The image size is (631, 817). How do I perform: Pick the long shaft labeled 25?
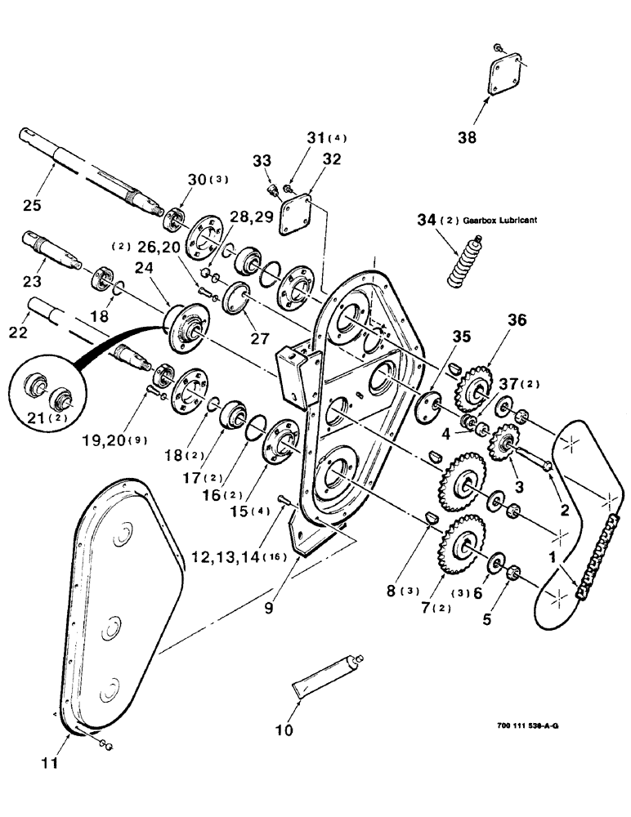coord(98,167)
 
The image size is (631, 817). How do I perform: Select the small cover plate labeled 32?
coord(298,215)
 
